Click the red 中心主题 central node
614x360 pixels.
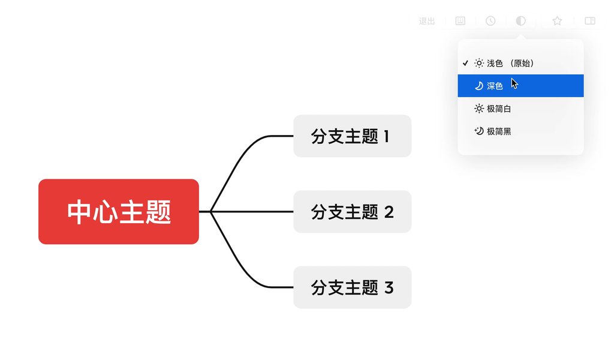(119, 212)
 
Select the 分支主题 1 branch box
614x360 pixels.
(353, 136)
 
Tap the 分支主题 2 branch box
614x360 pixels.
(353, 212)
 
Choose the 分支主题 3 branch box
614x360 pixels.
(353, 287)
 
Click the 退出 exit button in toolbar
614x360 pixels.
(427, 21)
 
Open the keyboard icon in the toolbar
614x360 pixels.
(460, 21)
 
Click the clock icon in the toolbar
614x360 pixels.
(490, 21)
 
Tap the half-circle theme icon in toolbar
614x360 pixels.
(521, 21)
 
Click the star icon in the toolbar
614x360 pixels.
(557, 21)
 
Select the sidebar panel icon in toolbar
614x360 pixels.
(590, 21)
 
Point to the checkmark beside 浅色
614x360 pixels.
(465, 63)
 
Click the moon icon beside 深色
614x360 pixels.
(479, 86)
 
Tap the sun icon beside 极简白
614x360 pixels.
(479, 109)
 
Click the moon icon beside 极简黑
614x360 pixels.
(479, 131)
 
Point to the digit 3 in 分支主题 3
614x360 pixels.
(389, 288)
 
